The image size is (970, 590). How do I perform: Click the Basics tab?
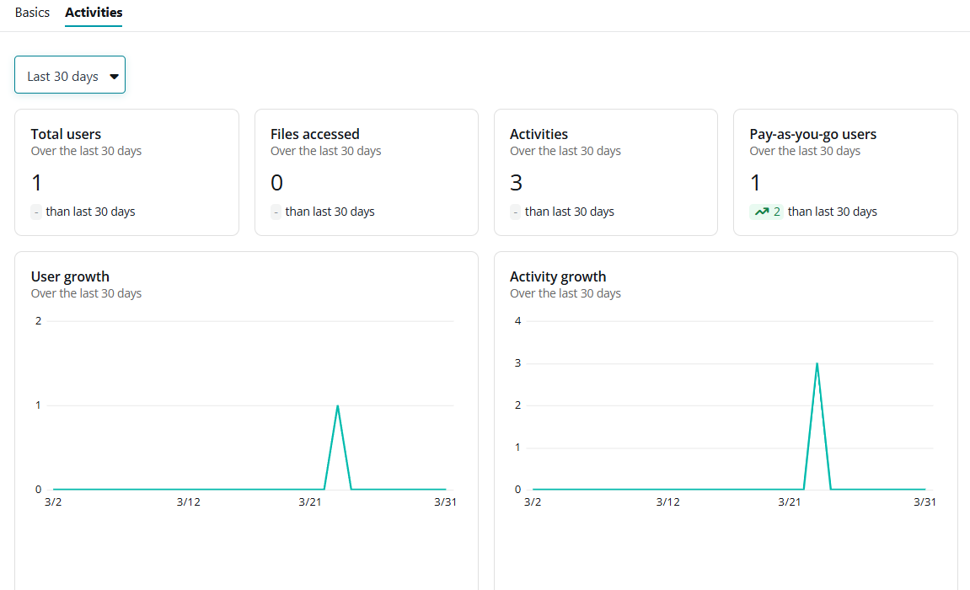(x=32, y=13)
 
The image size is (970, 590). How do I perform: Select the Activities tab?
(x=94, y=13)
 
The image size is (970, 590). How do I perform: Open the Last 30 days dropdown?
(x=70, y=76)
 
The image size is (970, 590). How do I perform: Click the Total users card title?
(x=66, y=134)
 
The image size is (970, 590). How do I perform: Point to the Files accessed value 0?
(x=276, y=183)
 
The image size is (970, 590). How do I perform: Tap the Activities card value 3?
(x=516, y=183)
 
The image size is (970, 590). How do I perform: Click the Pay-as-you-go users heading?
(x=812, y=134)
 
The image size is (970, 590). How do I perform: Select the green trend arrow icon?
(x=762, y=212)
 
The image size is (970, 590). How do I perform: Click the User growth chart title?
(x=70, y=276)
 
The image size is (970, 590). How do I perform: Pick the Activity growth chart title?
(x=558, y=276)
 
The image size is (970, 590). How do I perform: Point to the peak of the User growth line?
(x=337, y=406)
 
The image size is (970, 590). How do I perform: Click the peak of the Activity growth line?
(x=817, y=364)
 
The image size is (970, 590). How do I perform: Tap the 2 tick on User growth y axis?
(x=39, y=321)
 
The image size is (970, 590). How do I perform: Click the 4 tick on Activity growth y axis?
(x=517, y=321)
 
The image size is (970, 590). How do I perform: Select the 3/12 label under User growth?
(x=188, y=502)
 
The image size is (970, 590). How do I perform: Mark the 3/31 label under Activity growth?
(x=924, y=502)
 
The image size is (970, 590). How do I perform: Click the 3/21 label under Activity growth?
(x=790, y=502)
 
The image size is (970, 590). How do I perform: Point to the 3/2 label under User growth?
(x=53, y=502)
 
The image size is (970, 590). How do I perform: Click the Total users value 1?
(x=36, y=183)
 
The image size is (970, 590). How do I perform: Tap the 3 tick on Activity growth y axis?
(x=517, y=363)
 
